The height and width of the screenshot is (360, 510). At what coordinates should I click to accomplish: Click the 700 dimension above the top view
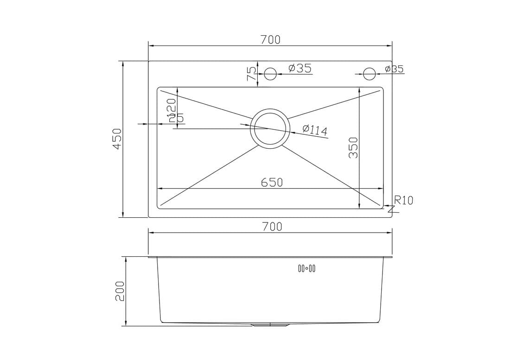click(270, 40)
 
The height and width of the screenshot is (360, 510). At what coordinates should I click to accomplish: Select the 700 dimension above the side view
click(272, 227)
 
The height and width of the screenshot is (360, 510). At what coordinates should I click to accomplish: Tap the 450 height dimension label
click(117, 139)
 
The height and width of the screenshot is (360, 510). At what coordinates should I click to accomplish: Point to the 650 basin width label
click(272, 183)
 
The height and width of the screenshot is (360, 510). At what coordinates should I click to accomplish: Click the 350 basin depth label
click(353, 148)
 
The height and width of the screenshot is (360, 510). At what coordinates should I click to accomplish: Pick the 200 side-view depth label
click(120, 291)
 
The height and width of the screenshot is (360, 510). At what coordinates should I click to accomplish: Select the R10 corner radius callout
click(403, 201)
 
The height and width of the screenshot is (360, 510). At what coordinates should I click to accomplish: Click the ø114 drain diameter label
click(315, 129)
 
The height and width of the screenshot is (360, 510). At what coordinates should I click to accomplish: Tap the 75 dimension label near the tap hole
click(251, 74)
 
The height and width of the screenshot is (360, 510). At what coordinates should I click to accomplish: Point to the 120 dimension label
click(171, 107)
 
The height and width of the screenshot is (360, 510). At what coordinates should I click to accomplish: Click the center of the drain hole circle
click(270, 129)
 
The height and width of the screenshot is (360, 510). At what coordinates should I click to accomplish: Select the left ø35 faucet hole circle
click(270, 74)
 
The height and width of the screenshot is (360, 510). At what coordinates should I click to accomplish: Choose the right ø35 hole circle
click(370, 74)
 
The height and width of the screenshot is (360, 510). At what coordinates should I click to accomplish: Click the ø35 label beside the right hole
click(394, 69)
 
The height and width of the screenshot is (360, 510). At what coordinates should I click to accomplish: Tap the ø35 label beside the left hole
click(300, 69)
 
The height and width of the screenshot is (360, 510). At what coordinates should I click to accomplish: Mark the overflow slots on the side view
click(306, 268)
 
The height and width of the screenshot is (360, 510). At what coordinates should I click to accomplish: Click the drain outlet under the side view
click(270, 325)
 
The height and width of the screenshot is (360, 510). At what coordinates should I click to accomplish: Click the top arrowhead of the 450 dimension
click(123, 64)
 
